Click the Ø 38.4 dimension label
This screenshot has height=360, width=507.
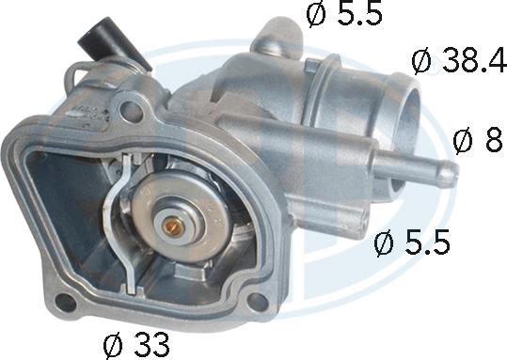459,60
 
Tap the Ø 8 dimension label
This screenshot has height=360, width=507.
478,140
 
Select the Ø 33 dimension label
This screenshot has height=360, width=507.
136,344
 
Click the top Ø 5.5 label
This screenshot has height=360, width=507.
344,14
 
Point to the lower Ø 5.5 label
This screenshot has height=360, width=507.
412,243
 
